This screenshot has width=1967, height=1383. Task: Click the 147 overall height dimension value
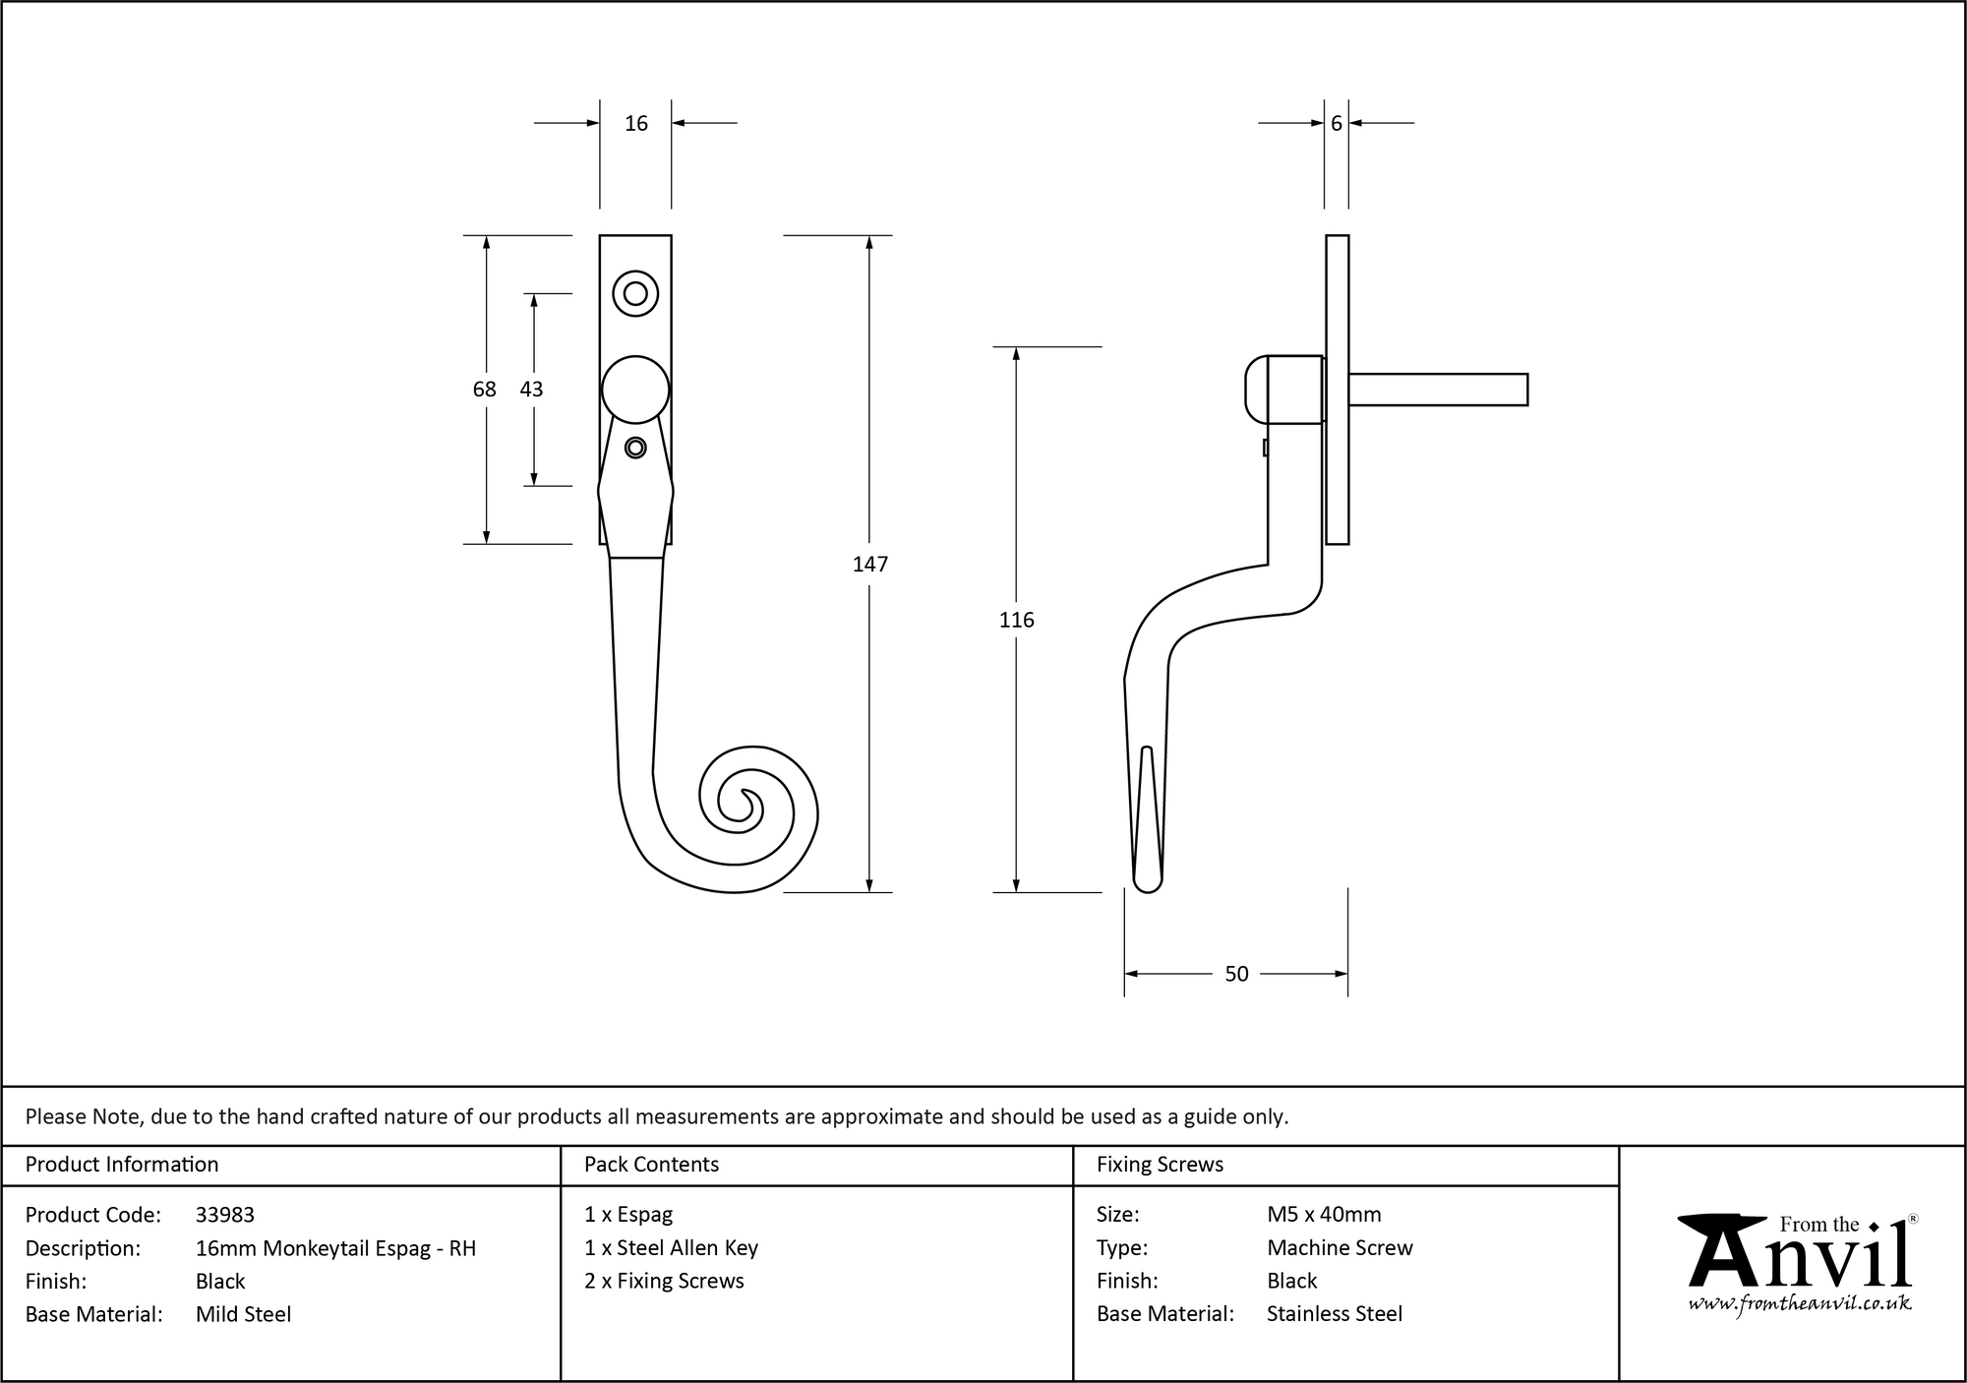(870, 564)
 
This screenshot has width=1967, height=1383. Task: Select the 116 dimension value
(1016, 620)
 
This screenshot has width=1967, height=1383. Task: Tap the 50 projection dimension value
(1236, 974)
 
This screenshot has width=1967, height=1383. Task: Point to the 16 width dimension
(636, 123)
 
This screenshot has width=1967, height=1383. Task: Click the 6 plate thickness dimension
(1336, 123)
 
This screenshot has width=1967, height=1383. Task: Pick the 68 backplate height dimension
(484, 390)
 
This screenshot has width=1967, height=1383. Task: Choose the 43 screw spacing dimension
(531, 390)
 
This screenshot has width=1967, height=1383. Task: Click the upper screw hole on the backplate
(635, 293)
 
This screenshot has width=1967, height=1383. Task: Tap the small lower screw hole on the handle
(635, 448)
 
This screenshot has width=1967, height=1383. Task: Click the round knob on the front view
(635, 390)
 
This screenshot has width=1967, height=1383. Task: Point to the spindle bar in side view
(1438, 390)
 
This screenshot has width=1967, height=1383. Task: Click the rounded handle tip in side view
(1147, 882)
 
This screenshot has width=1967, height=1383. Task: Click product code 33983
(225, 1215)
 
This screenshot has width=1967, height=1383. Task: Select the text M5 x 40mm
(1324, 1215)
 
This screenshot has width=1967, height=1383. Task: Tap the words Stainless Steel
(1335, 1314)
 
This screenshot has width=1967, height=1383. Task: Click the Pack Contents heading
(651, 1165)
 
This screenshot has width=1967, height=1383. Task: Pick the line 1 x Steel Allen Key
(671, 1248)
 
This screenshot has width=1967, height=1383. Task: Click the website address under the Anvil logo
(1799, 1304)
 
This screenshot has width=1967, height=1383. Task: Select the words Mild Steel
(243, 1314)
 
